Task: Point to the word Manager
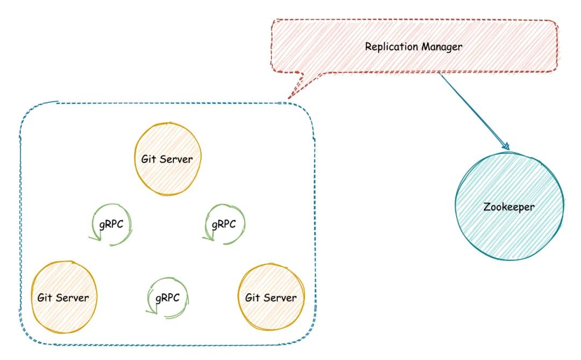(442, 47)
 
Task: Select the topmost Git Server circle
(167, 159)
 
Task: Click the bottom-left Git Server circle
(63, 297)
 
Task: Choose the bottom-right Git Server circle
(271, 297)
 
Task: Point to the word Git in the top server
(148, 160)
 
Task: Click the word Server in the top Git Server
(176, 160)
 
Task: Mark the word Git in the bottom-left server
(44, 297)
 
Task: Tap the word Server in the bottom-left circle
(73, 297)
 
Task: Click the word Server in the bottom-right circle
(280, 297)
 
